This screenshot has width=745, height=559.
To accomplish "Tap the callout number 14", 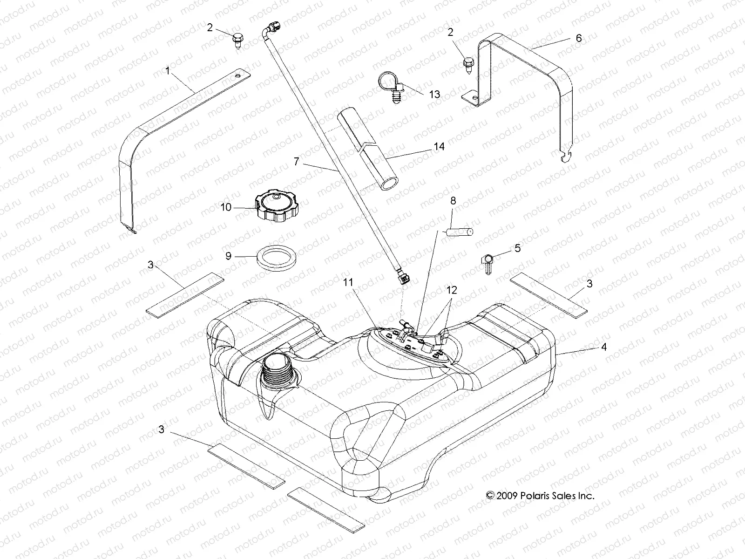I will coord(439,146).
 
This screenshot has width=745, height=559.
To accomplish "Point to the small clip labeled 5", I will coord(487,262).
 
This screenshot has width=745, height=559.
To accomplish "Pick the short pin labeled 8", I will coord(460,231).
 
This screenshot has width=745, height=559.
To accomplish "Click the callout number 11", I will coord(349,282).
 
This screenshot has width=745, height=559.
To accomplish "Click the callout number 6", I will coord(579,38).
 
